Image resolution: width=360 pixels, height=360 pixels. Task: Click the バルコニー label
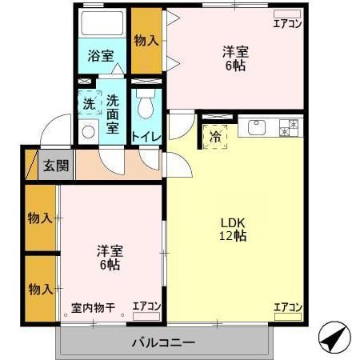pos(162,343)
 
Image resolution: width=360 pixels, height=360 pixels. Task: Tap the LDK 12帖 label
pos(233,229)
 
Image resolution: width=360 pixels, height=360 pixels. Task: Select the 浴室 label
pos(100,57)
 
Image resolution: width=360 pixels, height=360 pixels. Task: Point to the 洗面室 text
pos(113,114)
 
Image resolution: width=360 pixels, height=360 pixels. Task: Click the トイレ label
pos(146,137)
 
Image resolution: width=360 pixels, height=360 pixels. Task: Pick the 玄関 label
pos(55,166)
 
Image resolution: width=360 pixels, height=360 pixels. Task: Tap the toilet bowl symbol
pos(145,106)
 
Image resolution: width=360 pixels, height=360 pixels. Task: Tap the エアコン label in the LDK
pos(287,307)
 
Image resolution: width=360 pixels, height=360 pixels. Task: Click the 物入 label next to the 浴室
pos(146,41)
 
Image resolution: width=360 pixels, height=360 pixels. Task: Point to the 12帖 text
pos(233,236)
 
